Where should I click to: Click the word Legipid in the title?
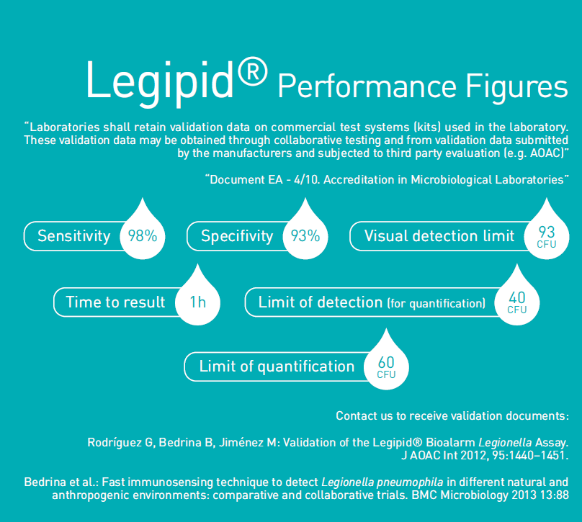[160, 82]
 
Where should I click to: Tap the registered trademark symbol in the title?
[252, 71]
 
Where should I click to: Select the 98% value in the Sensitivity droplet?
[143, 236]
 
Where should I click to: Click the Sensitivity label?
[74, 236]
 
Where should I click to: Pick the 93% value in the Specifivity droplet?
[305, 236]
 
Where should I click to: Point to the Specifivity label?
[237, 236]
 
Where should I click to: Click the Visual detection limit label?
[439, 236]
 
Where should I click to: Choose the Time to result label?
[115, 302]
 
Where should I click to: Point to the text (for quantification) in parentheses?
[436, 303]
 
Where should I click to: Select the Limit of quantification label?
[277, 366]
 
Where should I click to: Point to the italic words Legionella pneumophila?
[382, 482]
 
